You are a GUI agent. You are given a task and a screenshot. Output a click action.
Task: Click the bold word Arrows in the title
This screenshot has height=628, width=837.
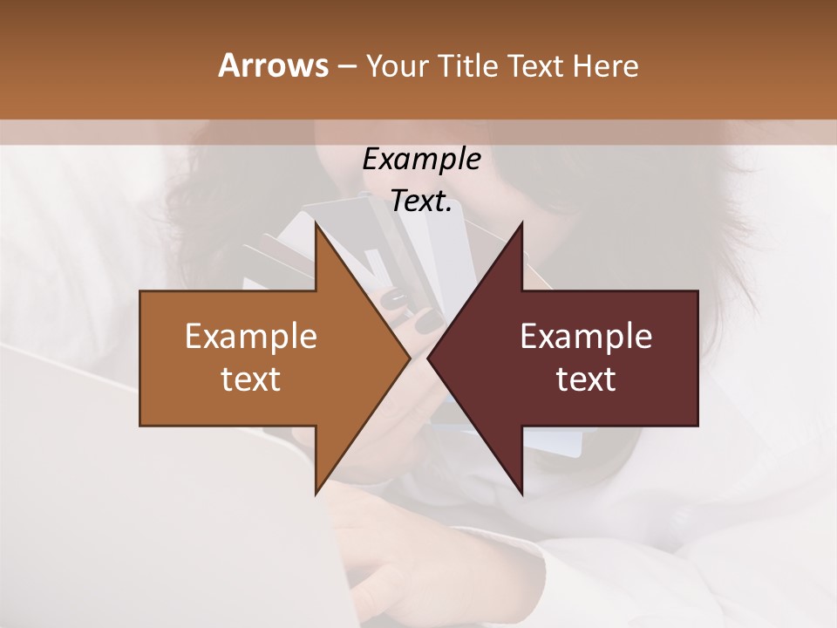(x=273, y=65)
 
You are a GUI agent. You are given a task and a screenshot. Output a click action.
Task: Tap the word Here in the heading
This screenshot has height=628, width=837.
(x=606, y=65)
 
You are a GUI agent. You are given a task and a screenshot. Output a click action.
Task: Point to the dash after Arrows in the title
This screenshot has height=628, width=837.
(x=345, y=66)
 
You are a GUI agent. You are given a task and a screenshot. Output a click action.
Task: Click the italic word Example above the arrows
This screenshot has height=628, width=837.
(x=421, y=159)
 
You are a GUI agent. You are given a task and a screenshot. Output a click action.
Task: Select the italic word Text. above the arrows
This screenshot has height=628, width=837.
(x=421, y=201)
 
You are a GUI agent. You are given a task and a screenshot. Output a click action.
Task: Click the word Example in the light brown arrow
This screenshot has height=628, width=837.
(x=251, y=336)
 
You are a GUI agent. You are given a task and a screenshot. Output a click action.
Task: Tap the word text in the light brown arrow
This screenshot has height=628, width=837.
(x=251, y=379)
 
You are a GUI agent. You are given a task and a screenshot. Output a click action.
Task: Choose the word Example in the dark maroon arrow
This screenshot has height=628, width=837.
(x=586, y=336)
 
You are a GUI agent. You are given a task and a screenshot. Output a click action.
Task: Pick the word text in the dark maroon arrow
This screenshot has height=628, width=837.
(x=586, y=379)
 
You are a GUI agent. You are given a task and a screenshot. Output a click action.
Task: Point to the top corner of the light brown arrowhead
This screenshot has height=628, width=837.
(x=316, y=225)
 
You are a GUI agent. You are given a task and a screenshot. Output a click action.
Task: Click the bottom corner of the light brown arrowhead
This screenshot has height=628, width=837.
(x=316, y=493)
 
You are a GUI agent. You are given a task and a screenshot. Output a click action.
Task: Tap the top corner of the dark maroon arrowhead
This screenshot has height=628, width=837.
(x=521, y=225)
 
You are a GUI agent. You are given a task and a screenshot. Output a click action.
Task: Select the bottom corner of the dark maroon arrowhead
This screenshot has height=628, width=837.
(x=521, y=493)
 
